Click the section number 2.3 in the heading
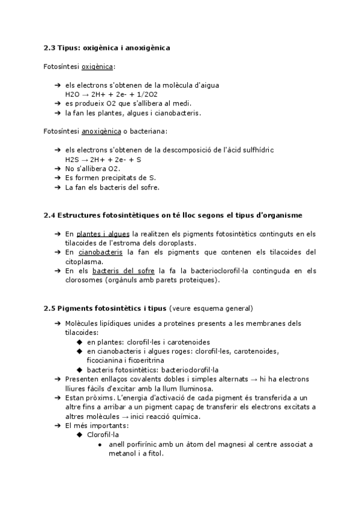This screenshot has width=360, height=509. (x=50, y=47)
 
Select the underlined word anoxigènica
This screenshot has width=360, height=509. (x=100, y=131)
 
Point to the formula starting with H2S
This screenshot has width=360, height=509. (x=103, y=160)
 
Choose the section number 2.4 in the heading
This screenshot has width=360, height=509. (x=50, y=215)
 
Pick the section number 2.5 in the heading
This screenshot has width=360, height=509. (x=50, y=309)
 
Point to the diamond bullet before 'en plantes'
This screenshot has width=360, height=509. (x=80, y=342)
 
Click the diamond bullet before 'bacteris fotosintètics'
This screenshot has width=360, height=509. (x=80, y=370)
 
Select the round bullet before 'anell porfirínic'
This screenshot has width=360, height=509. (x=100, y=445)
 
